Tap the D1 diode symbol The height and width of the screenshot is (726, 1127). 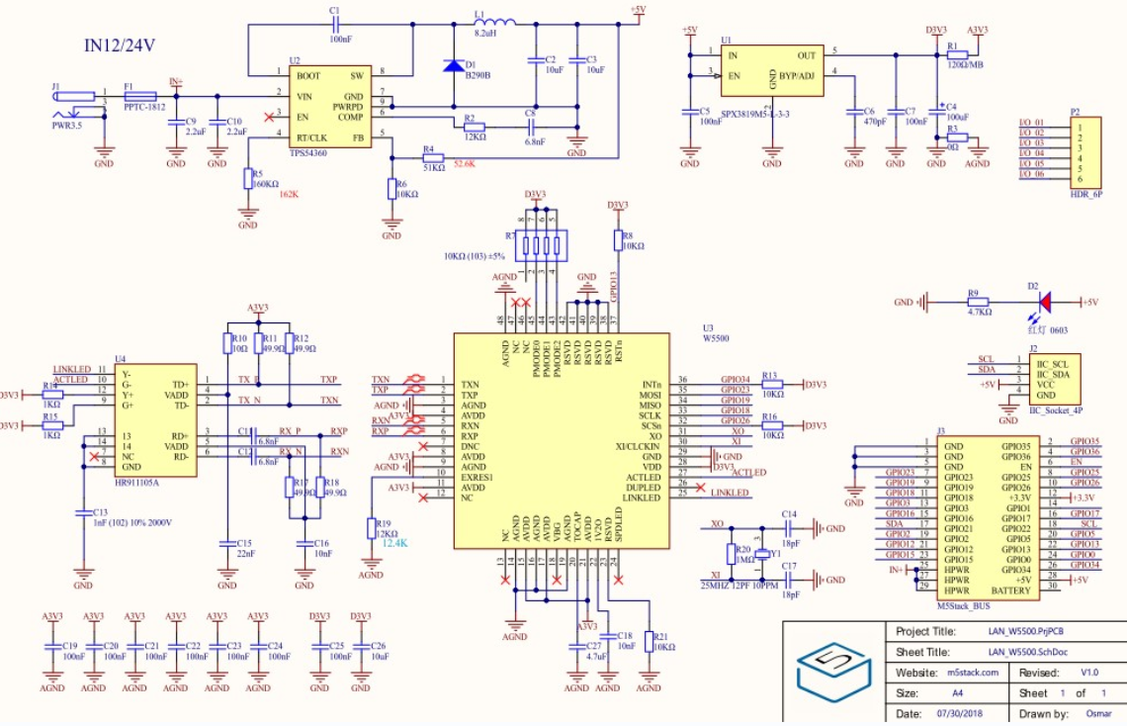(453, 65)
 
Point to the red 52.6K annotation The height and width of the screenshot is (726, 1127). (465, 162)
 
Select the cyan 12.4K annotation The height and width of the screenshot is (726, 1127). (395, 544)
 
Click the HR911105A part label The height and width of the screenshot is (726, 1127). (136, 482)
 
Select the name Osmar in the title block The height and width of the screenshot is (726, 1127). (1098, 713)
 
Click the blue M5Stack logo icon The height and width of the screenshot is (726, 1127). (833, 672)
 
